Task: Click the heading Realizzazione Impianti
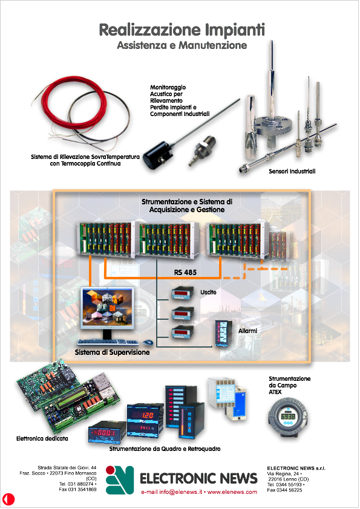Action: (x=182, y=30)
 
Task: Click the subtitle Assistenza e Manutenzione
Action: (x=182, y=45)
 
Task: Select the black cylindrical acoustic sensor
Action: (x=157, y=157)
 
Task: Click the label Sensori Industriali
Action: (x=292, y=172)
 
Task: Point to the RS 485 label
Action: (x=185, y=273)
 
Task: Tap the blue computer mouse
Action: (x=148, y=342)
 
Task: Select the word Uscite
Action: (x=208, y=292)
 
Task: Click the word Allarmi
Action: (x=247, y=331)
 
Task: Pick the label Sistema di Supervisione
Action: (x=112, y=352)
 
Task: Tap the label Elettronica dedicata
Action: (x=42, y=438)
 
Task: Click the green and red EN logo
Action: (x=120, y=480)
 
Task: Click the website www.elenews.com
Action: (x=232, y=492)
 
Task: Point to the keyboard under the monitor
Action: (x=108, y=342)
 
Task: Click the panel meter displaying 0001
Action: (x=107, y=432)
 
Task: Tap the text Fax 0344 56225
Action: (x=284, y=490)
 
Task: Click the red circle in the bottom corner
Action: (x=8, y=499)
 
